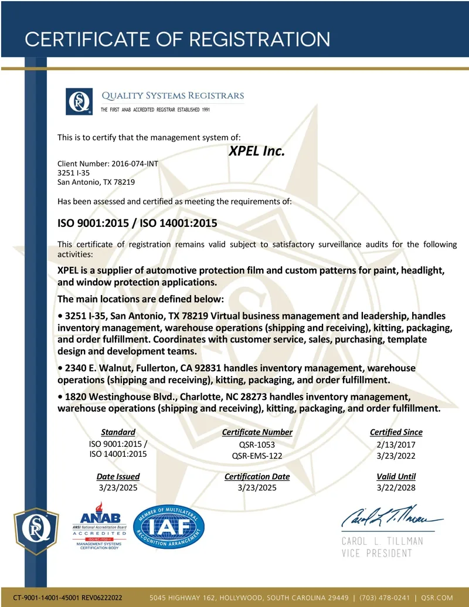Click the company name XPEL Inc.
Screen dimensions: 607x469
tap(256, 151)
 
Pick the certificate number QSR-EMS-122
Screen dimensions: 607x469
tap(257, 455)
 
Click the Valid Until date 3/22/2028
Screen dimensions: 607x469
tap(396, 487)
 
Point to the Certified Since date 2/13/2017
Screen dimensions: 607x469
tap(396, 445)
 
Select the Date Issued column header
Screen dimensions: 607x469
tap(118, 476)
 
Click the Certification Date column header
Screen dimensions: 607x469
tap(257, 476)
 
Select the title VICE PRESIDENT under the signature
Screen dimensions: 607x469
tap(377, 553)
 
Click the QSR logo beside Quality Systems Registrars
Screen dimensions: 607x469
tap(79, 101)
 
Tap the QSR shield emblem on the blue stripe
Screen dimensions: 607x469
tap(36, 530)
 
